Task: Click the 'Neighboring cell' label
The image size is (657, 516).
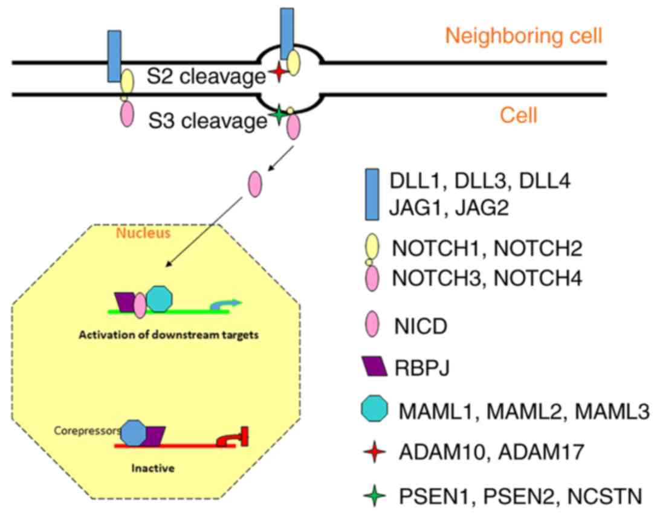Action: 523,36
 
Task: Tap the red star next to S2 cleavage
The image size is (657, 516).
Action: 277,73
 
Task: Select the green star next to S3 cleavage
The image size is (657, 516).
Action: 277,115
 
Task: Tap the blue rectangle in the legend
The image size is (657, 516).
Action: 372,195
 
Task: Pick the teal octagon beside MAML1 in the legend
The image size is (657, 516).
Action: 373,410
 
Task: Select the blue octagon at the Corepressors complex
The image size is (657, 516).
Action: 133,433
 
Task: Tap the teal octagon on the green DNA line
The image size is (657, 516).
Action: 159,299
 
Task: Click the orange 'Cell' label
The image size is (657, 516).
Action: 519,115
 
